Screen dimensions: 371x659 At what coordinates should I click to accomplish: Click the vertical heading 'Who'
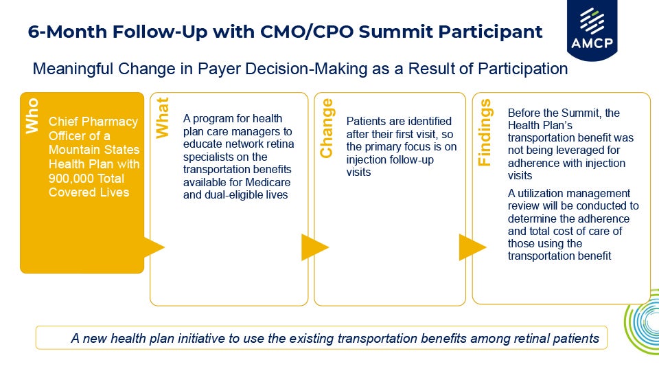[x=32, y=115]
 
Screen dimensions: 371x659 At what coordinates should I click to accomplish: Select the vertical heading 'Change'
[x=327, y=128]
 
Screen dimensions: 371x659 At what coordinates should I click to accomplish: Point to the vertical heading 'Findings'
[x=485, y=133]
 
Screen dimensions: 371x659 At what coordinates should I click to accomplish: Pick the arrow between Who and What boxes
[x=153, y=247]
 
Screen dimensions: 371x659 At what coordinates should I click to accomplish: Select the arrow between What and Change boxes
[x=314, y=247]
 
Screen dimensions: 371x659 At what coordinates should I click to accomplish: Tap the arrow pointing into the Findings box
[x=471, y=247]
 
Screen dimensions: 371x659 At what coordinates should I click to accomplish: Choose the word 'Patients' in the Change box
[x=367, y=121]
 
